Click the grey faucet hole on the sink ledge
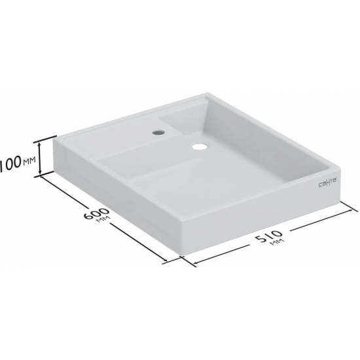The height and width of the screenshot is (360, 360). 158,132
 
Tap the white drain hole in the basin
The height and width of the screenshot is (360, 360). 200,147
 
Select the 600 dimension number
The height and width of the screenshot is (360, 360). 96,214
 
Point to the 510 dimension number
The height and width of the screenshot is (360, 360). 268,236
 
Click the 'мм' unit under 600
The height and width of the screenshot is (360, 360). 104,220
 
